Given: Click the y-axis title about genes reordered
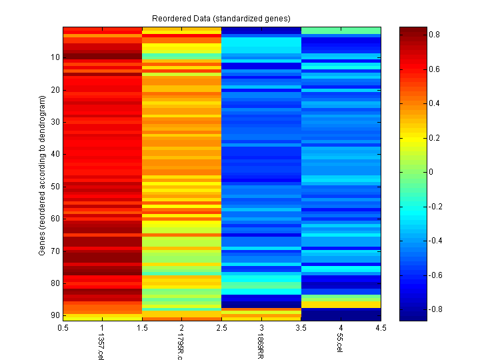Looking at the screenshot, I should tap(41, 175).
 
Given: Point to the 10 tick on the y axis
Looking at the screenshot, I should tap(56, 58).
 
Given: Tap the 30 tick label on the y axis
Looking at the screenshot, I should tap(56, 122).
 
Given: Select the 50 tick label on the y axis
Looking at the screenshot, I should tap(56, 187).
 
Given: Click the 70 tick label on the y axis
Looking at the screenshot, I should tap(56, 251).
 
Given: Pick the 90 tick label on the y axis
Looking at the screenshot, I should tap(56, 315).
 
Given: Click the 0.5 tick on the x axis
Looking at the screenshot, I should tap(63, 328).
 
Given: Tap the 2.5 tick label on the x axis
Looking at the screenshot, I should tap(221, 328).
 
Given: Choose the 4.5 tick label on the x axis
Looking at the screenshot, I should tap(380, 328).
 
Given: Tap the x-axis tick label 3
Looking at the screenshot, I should tap(261, 328).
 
